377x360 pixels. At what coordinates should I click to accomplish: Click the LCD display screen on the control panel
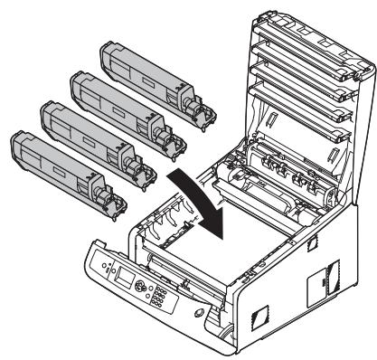click(x=118, y=281)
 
